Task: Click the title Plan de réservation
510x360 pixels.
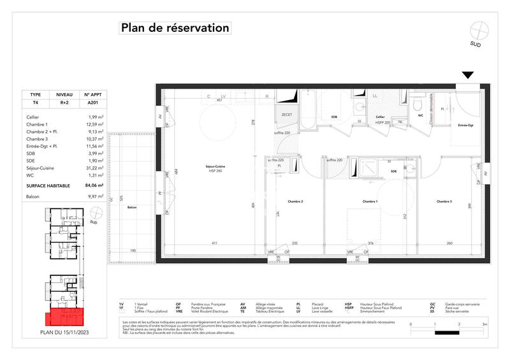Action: (174, 28)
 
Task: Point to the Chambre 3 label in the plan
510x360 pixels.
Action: (444, 201)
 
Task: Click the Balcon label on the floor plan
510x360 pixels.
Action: (132, 208)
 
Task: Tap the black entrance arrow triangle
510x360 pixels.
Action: (467, 75)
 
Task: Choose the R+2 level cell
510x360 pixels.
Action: (64, 102)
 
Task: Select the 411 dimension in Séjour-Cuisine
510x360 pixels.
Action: (215, 243)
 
